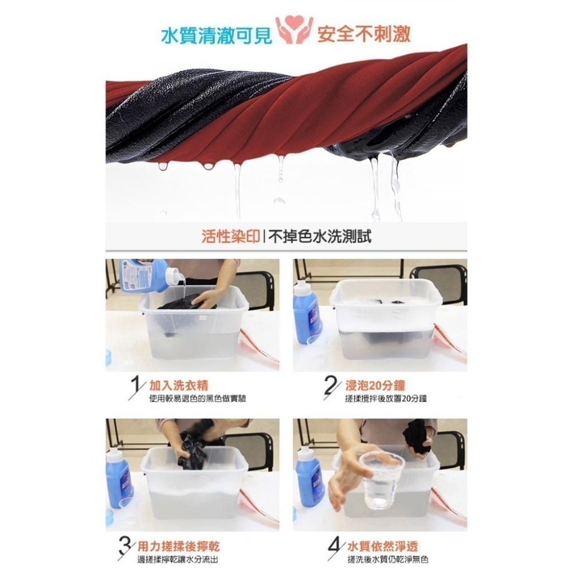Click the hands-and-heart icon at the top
click(x=294, y=30)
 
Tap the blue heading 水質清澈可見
click(x=217, y=36)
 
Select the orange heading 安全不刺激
click(x=364, y=34)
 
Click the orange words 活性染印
click(x=230, y=237)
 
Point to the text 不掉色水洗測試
click(x=320, y=237)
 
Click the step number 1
click(x=136, y=388)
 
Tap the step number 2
click(x=331, y=387)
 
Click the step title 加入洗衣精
click(x=179, y=385)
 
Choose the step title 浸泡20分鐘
click(x=375, y=385)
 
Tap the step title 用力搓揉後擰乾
click(x=178, y=545)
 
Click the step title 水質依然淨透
click(x=382, y=545)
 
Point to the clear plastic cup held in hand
click(x=380, y=478)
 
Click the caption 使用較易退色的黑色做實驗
click(x=197, y=398)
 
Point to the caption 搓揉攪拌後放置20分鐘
click(x=386, y=398)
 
